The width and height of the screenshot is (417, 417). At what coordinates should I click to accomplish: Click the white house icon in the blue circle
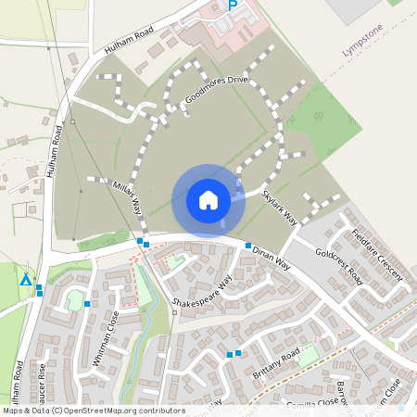tap(208, 200)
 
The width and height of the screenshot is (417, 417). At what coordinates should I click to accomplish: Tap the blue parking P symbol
tap(234, 6)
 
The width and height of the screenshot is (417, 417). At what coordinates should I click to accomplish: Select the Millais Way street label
tap(128, 197)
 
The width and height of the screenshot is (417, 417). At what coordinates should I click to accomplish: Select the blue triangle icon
tap(26, 279)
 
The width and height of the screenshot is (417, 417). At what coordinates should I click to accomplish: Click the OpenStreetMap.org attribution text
tap(122, 411)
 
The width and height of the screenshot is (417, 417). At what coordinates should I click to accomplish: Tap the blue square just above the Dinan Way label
tap(248, 246)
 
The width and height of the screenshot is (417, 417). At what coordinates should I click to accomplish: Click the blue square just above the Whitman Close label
tap(87, 304)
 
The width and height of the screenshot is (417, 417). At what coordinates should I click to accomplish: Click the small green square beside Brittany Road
tap(308, 352)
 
